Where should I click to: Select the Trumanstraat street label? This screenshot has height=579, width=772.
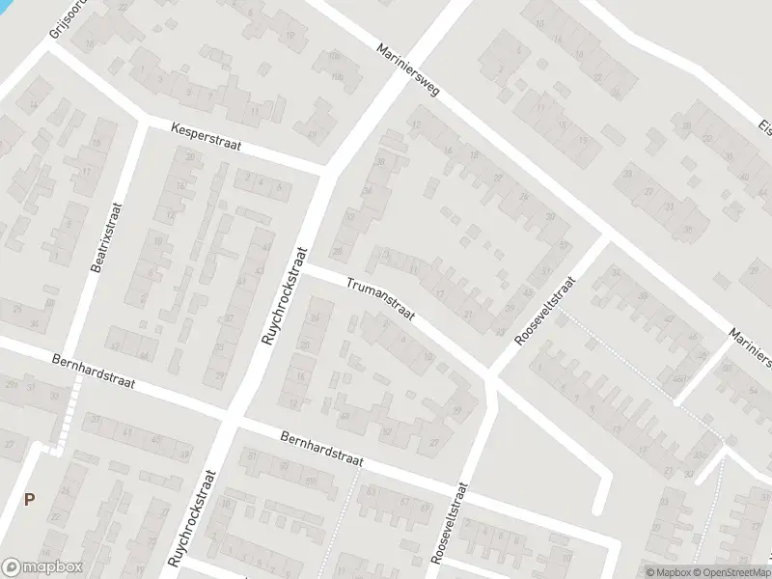point(383,300)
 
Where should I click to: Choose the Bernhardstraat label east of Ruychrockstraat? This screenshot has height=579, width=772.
point(320,451)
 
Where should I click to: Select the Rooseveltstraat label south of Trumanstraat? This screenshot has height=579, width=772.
point(449,525)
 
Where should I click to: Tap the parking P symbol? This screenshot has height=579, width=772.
point(30,499)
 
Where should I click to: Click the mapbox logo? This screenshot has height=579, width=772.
point(41,566)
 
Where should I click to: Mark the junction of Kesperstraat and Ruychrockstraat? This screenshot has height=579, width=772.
point(329,173)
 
